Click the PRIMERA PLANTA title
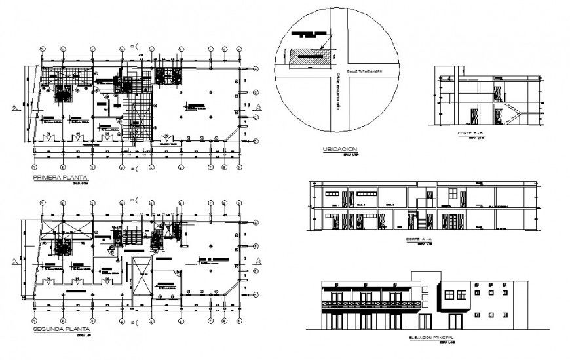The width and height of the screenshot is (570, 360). point(60,177)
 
